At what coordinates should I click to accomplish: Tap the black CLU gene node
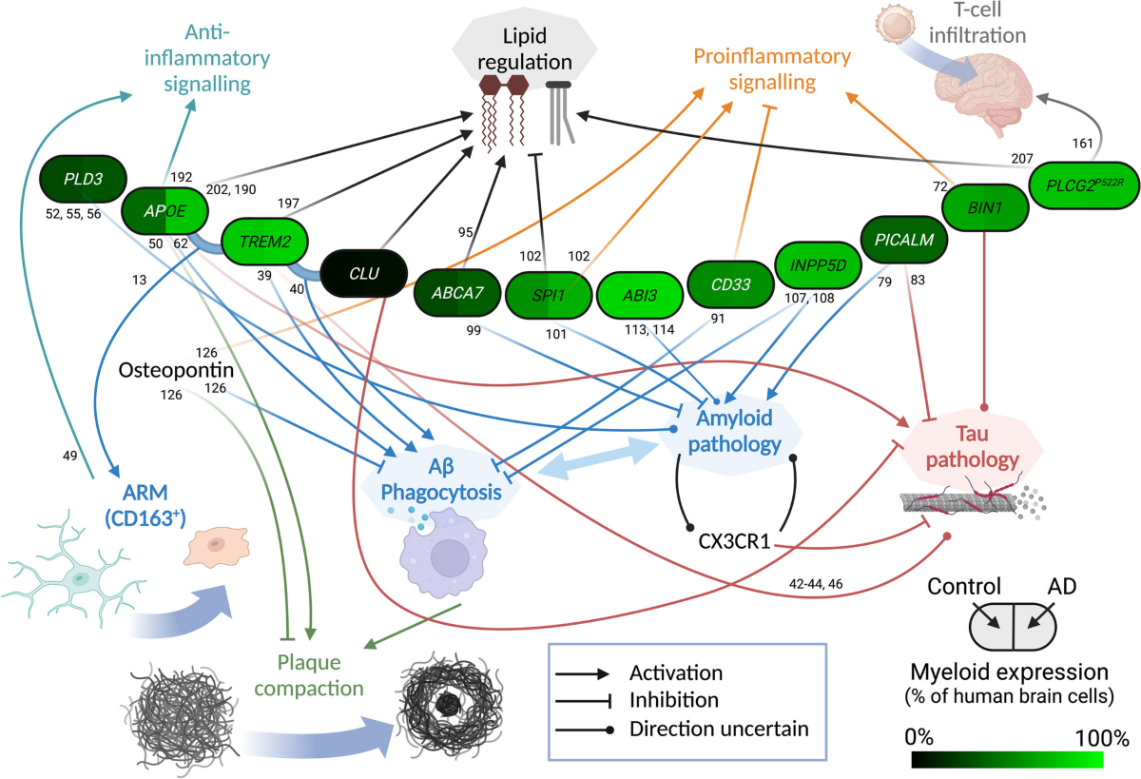(363, 274)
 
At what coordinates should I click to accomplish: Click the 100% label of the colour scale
(1100, 737)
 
